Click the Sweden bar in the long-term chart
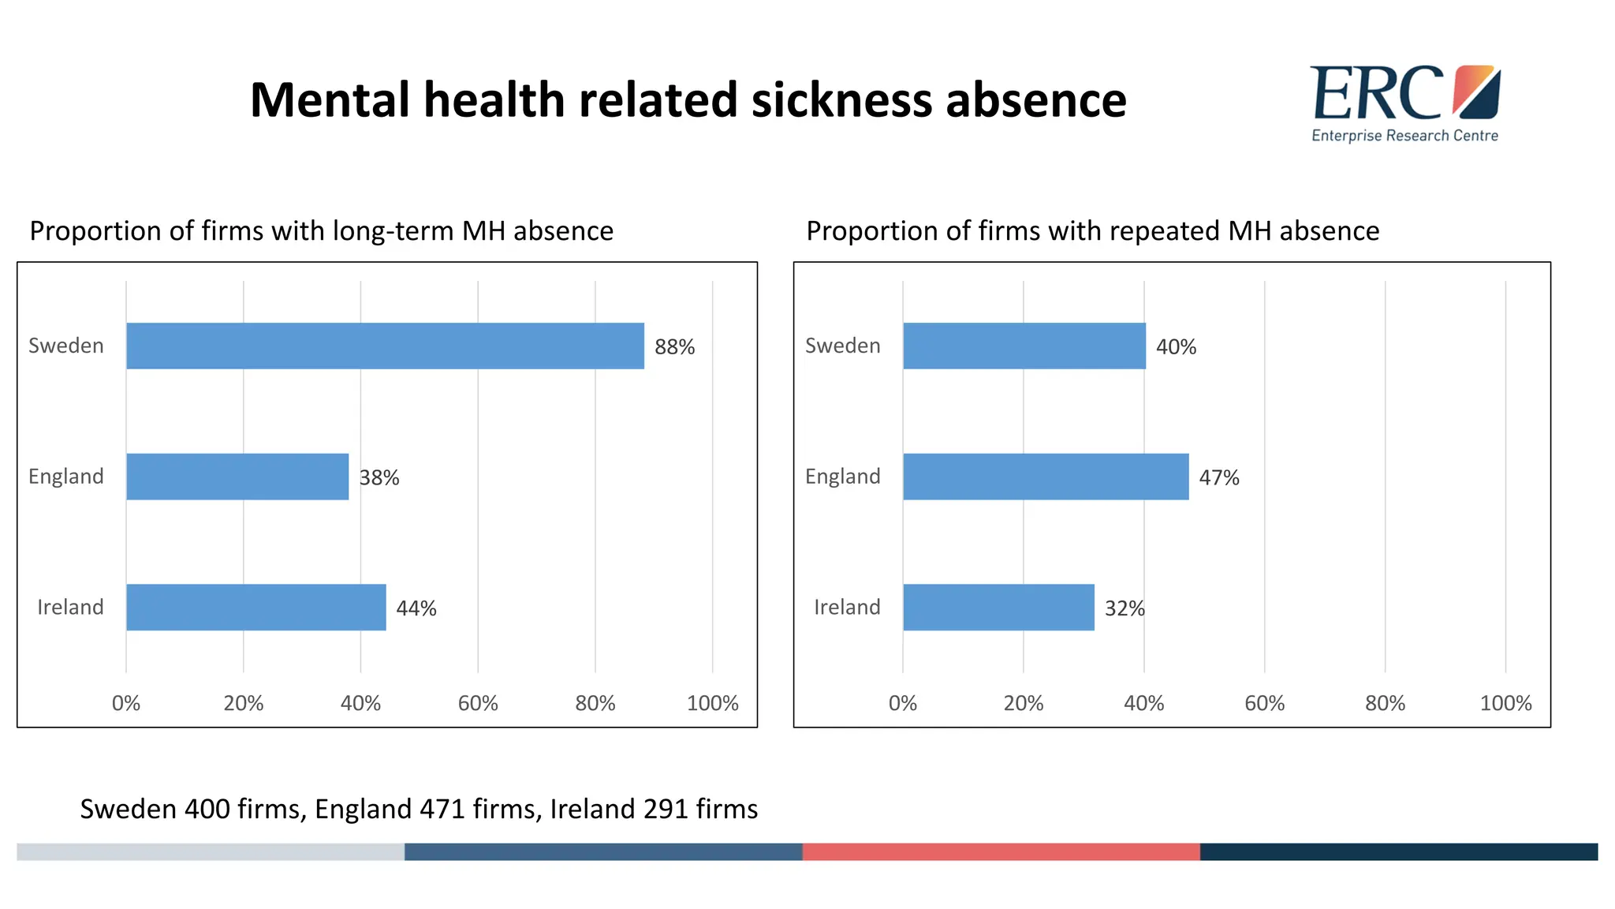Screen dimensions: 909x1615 coord(385,346)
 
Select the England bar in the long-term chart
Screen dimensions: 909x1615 coord(237,477)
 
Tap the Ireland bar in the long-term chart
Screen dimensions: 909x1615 coord(256,608)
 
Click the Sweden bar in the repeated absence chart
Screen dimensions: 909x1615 coord(1024,346)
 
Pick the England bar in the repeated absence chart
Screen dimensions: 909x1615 coord(1046,477)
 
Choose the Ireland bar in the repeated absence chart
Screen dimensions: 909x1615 coord(998,608)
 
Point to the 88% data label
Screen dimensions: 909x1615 coord(674,347)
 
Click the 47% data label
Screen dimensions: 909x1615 coord(1218,478)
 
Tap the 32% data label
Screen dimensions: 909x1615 coord(1124,608)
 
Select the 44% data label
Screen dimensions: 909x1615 coord(416,608)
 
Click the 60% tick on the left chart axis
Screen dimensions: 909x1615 coord(478,703)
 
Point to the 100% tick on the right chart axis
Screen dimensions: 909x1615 coord(1505,703)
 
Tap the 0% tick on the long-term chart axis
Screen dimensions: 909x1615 coord(126,703)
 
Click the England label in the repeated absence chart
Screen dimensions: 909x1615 coord(842,477)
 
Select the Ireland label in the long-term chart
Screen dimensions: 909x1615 coord(70,608)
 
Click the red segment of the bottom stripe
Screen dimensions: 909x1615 coord(1001,852)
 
